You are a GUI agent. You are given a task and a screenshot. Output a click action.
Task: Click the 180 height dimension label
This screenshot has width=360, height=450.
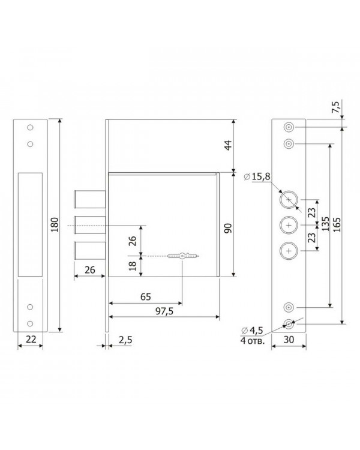click(x=54, y=225)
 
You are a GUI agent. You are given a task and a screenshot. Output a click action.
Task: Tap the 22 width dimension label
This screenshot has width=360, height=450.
click(x=31, y=339)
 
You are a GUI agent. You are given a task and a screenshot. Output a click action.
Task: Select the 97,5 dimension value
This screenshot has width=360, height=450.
click(x=164, y=311)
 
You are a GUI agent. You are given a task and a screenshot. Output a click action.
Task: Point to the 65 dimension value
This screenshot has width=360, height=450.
click(x=146, y=297)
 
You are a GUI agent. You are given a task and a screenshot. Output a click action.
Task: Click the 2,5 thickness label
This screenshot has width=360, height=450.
click(x=125, y=340)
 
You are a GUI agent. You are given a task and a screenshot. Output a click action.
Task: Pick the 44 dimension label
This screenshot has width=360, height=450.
click(x=229, y=145)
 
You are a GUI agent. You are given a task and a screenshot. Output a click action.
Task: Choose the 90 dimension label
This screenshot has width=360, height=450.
click(x=227, y=228)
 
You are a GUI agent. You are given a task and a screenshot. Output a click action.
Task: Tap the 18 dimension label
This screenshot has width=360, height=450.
click(x=133, y=266)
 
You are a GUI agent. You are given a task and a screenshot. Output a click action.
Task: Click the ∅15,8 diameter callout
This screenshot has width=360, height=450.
click(x=257, y=177)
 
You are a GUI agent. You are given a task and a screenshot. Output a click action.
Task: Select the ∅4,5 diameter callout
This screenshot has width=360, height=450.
click(x=252, y=331)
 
